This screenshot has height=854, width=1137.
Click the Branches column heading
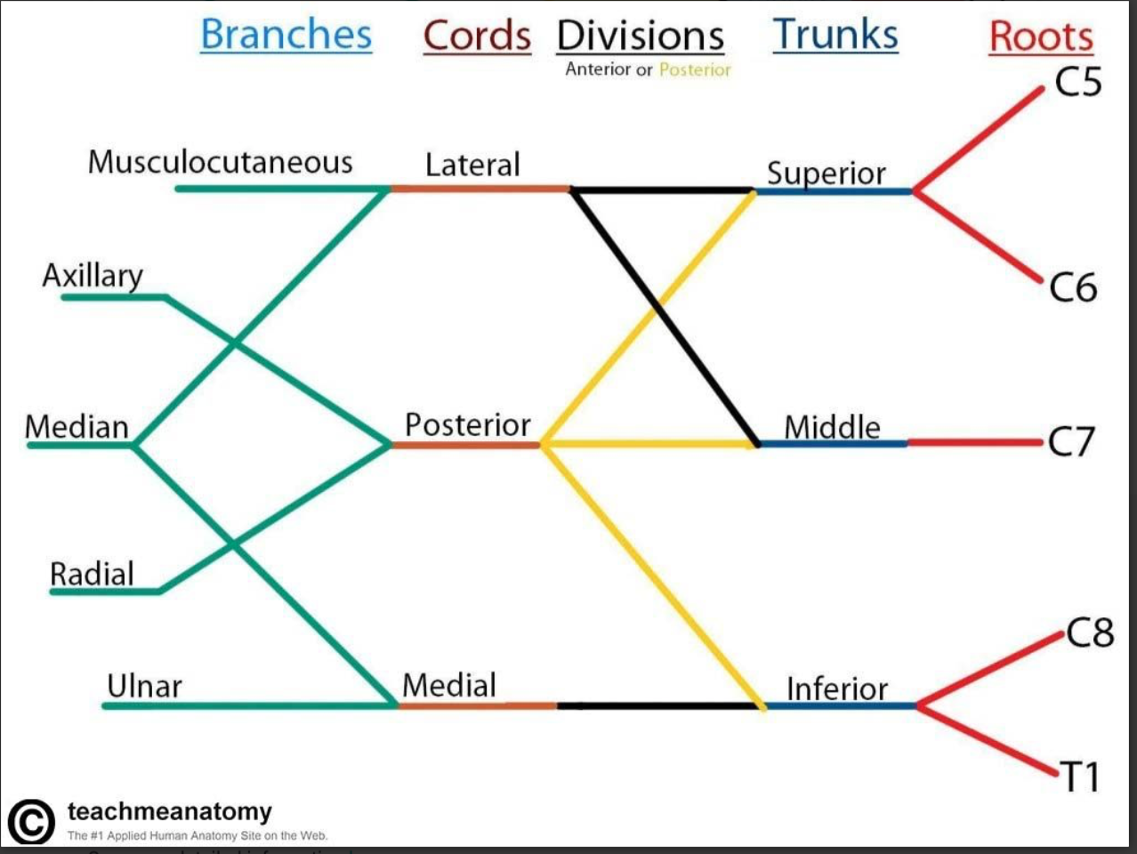pos(286,36)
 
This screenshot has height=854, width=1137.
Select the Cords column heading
pos(477,36)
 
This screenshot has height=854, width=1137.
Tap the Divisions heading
pos(641,36)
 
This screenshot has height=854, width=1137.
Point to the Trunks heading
pos(835,36)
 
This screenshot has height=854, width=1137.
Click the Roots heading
pos(1041,37)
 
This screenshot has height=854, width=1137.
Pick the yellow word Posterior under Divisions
pos(695,69)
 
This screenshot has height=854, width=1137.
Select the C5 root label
pos(1077,82)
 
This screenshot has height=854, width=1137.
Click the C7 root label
pos(1071,441)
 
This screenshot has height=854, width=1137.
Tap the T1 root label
pos(1080,777)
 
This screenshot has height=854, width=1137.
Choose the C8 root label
pos(1090,632)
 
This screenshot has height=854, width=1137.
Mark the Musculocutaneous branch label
pos(220,162)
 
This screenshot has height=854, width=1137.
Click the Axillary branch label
pos(93,276)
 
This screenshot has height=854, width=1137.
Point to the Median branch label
pos(77,427)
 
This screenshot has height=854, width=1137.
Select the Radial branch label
pos(92,574)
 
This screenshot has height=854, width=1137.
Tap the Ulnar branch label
pos(144,686)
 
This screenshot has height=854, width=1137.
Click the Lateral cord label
pos(472,165)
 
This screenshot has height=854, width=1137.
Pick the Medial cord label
pos(449,685)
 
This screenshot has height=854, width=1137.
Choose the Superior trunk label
pos(827,173)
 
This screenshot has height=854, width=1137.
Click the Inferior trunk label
pos(837,689)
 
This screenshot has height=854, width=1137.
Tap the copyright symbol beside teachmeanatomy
pos(31,820)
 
